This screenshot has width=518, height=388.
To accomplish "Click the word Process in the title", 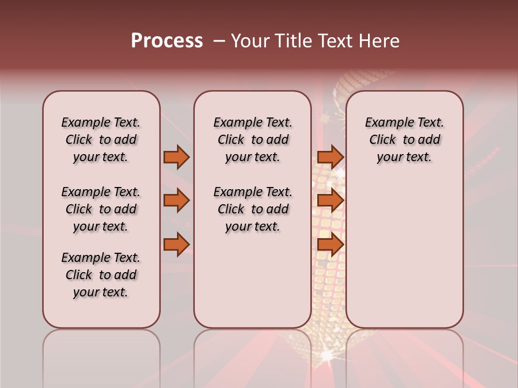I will tap(167, 41).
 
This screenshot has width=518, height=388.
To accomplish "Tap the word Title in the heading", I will tap(293, 41).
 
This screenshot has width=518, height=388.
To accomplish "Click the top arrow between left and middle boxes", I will tap(176, 157).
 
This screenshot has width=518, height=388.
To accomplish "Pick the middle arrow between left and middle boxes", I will tap(176, 201).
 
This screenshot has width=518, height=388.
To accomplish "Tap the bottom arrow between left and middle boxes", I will tap(176, 245).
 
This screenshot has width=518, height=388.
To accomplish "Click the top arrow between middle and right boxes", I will tap(330, 157).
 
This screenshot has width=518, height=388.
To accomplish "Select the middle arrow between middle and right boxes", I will tap(330, 201).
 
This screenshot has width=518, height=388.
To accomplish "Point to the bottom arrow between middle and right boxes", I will tap(330, 245).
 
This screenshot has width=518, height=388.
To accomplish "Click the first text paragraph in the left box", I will tap(101, 140).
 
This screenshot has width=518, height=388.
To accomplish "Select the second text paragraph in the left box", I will tap(101, 209).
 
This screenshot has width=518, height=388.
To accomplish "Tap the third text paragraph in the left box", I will tap(101, 275).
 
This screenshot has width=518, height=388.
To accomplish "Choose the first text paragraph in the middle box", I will tap(253, 140).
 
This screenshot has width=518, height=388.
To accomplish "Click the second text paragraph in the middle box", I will tap(253, 209).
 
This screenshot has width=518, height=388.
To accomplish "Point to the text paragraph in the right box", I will tap(405, 140).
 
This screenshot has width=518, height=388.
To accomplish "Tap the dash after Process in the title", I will tap(219, 41).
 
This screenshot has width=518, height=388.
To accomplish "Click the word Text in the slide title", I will tap(334, 41).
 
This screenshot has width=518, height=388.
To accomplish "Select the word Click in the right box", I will tap(383, 140).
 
